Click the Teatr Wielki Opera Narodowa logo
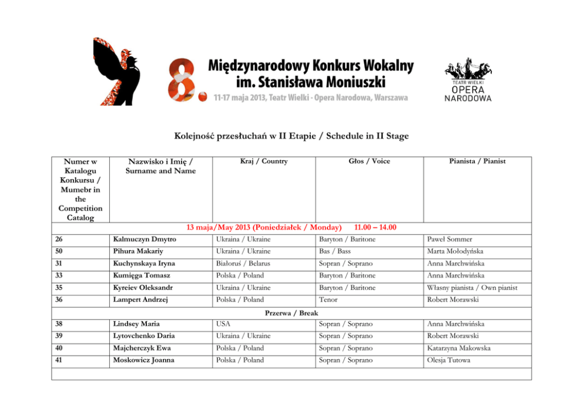click(468, 80)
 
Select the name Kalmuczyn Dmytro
click(145, 239)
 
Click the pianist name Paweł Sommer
click(451, 239)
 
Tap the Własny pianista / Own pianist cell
click(472, 288)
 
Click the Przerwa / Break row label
click(291, 313)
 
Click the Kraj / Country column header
click(264, 161)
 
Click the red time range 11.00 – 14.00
click(375, 228)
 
